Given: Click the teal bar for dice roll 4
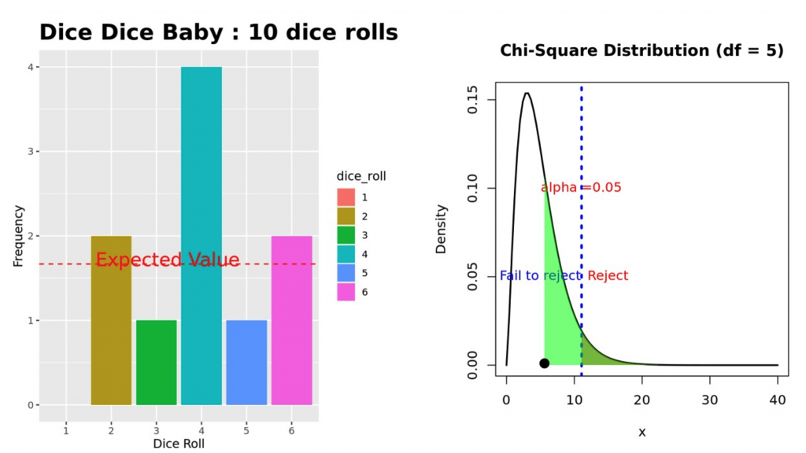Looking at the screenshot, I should click(x=201, y=236).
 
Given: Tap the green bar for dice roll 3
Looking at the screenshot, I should click(x=156, y=363).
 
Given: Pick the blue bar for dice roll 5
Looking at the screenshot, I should click(x=246, y=363).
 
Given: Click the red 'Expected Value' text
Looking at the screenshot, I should click(x=168, y=260).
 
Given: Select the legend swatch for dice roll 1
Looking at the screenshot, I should click(x=346, y=197).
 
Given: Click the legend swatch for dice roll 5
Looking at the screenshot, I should click(x=346, y=273).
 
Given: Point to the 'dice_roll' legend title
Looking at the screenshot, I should click(x=360, y=175).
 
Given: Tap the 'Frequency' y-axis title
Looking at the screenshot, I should click(x=19, y=236).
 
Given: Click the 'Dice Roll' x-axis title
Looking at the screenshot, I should click(x=179, y=444).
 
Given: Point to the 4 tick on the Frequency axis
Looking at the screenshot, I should click(x=30, y=67).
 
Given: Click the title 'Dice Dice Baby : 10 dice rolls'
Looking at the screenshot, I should click(x=218, y=32).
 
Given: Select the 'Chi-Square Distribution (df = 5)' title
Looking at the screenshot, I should click(x=641, y=51).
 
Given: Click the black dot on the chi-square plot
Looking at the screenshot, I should click(x=544, y=363).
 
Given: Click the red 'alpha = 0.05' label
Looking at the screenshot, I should click(x=581, y=187).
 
